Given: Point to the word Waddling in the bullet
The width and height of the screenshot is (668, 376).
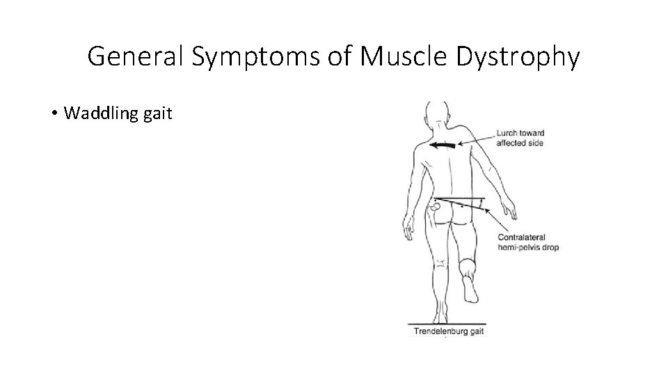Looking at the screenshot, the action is click(94, 113).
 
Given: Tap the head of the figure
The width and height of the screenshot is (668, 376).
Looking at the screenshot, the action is click(437, 113).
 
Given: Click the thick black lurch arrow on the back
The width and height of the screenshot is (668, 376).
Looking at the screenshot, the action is click(443, 146).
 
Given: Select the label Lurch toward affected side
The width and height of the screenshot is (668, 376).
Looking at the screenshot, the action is click(520, 138).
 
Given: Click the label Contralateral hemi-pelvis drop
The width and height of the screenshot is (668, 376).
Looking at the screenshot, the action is click(527, 242).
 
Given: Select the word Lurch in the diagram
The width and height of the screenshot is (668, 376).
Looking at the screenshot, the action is click(507, 133).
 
